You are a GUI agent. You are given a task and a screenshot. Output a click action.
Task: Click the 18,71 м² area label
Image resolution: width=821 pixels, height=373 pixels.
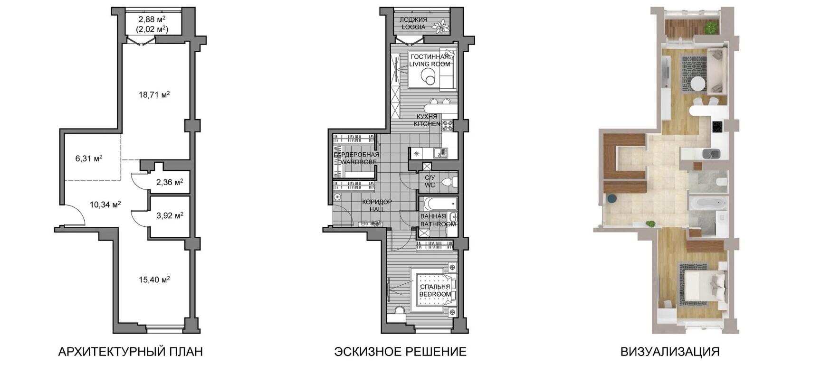coord(154,94)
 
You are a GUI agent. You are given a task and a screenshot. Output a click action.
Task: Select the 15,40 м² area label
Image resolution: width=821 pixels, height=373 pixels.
coord(154,280)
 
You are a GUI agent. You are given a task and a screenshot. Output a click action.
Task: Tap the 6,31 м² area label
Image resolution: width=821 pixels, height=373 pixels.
coord(89,158)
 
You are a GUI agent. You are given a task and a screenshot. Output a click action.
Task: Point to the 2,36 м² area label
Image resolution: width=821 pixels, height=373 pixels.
coord(170,182)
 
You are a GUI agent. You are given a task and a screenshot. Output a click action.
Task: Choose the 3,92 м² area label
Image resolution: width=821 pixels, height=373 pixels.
coord(170,215)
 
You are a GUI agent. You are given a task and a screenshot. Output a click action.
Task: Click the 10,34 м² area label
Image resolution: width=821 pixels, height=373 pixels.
coord(105,205)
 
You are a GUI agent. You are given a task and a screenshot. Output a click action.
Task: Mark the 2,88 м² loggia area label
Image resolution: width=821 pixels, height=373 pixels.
coord(152,19)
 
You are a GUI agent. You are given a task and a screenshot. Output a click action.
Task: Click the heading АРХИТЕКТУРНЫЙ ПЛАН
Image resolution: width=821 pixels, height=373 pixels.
coord(130,352)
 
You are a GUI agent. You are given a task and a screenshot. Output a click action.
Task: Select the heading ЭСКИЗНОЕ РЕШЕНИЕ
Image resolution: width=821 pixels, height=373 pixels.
coord(400,352)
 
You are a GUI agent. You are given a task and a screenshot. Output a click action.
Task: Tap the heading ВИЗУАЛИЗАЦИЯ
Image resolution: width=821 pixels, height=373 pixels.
coord(670,352)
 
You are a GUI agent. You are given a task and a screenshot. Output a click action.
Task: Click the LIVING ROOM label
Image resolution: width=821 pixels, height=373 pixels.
coord(430,64)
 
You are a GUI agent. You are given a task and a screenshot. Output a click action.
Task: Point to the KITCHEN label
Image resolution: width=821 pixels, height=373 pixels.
coord(427,124)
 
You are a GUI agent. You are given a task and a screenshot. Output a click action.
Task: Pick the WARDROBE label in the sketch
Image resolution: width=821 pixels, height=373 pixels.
coord(358,162)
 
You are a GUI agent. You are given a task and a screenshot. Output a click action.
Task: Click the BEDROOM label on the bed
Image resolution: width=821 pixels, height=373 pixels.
coord(435,294)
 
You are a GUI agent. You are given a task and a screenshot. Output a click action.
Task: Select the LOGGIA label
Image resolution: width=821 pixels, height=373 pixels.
coord(413,27)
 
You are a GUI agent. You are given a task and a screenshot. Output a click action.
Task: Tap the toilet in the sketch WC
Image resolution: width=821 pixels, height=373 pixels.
coord(449,181)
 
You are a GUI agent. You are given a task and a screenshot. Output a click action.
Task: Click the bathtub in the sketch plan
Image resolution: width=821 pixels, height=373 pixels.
coord(440,204)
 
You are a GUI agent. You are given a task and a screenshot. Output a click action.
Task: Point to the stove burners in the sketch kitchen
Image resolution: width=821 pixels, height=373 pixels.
coord(448,125)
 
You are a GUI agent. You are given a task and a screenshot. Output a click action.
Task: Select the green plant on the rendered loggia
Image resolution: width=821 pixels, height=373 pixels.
coord(711,27)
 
